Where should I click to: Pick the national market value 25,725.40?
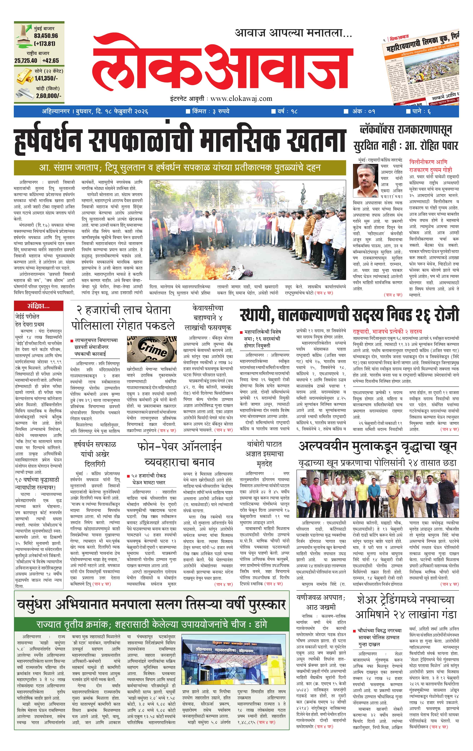pyautogui.click(x=26, y=61)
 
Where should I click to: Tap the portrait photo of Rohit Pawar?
pyautogui.click(x=366, y=180)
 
